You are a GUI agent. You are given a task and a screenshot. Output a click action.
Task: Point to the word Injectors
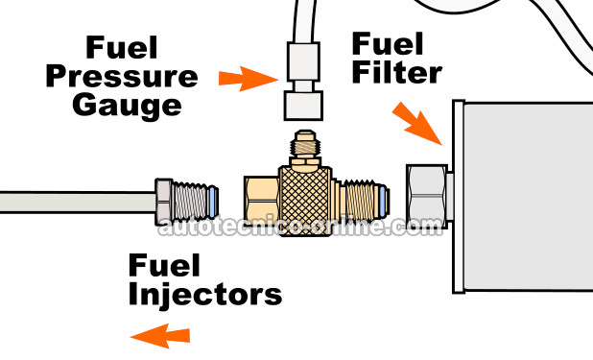point(205,293)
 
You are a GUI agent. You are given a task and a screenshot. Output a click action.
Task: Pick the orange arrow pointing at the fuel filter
point(416,125)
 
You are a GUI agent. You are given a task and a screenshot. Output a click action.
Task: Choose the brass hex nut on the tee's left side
point(259,200)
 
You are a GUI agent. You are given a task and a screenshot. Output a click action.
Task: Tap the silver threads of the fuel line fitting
point(196,201)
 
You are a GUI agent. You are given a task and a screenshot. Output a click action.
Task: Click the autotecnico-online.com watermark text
point(296,228)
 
